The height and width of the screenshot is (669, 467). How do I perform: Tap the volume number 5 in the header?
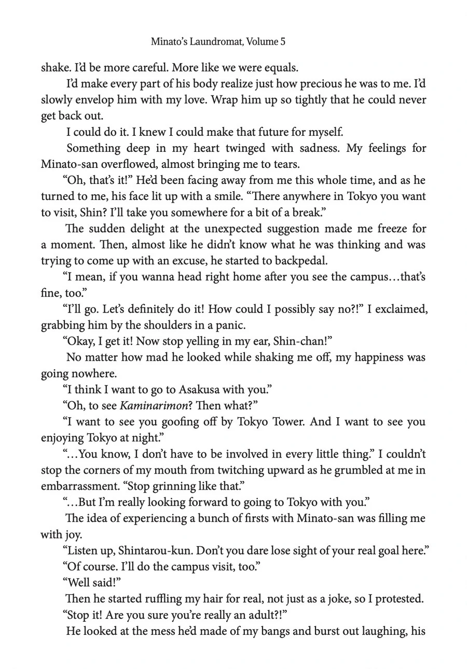click(282, 41)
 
